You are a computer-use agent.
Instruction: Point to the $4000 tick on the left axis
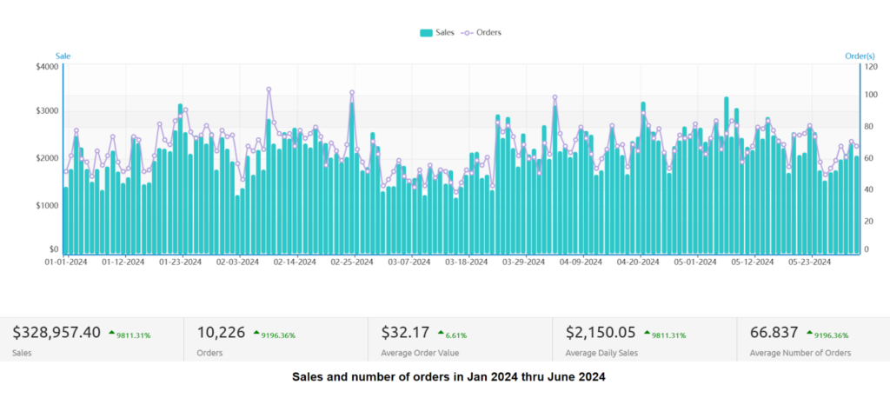point(48,67)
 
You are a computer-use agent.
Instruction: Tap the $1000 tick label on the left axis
point(48,205)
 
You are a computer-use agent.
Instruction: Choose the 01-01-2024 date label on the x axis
point(66,261)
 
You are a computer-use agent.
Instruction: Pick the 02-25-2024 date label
point(352,261)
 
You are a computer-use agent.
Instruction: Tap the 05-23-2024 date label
point(810,261)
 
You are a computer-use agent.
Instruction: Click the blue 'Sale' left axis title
point(63,56)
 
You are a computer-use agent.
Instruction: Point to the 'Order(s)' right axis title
point(859,56)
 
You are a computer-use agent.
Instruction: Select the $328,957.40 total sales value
point(56,332)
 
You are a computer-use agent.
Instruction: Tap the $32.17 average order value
point(405,332)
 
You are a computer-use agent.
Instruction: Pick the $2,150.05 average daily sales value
point(600,332)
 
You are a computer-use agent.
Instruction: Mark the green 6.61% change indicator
point(455,334)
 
